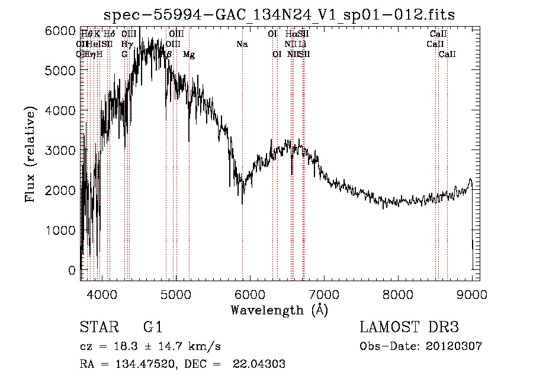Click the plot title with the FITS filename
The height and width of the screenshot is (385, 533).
(x=279, y=15)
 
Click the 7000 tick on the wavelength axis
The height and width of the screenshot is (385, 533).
(x=323, y=293)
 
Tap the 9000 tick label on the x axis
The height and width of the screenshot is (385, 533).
(x=471, y=293)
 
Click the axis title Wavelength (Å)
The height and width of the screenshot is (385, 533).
(x=279, y=310)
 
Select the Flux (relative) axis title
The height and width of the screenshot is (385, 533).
(x=30, y=154)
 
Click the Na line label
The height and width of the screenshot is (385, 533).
(x=242, y=44)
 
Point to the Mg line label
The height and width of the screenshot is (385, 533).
(x=189, y=55)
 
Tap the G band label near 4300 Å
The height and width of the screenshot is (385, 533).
(x=125, y=55)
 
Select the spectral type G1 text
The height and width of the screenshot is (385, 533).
(x=152, y=327)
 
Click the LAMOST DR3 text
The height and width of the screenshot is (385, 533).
(x=409, y=327)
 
